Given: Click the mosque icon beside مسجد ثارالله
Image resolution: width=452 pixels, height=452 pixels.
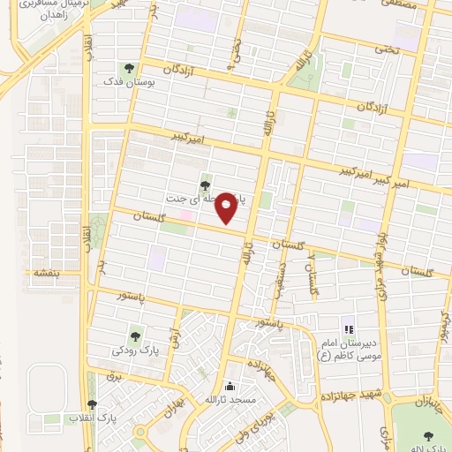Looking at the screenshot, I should tap(230, 386).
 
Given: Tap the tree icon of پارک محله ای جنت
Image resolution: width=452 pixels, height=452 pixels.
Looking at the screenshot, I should tap(206, 185).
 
